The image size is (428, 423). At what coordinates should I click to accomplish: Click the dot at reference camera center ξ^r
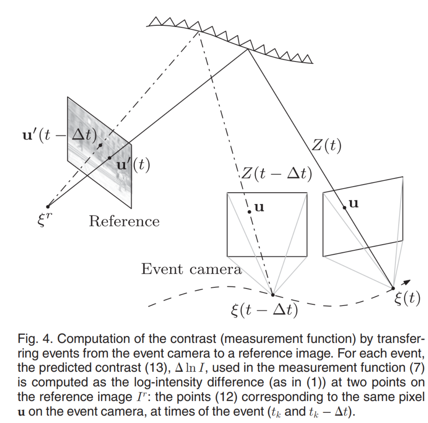tap(48, 207)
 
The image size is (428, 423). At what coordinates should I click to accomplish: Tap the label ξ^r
tap(45, 219)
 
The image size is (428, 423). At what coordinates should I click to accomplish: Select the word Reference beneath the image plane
tap(124, 221)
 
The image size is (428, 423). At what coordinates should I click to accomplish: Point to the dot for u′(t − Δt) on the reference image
tap(100, 145)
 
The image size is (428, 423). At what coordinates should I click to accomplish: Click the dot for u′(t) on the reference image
tap(109, 158)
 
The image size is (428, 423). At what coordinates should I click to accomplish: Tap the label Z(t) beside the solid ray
tap(326, 146)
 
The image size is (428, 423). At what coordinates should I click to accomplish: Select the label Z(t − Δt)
tap(277, 173)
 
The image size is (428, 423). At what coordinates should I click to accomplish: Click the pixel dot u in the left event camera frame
tap(249, 212)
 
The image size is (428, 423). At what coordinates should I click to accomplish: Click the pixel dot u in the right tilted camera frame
tap(345, 208)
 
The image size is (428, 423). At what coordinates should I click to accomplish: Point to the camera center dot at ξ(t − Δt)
tap(273, 295)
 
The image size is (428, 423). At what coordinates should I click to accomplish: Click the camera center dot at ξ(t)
tap(393, 288)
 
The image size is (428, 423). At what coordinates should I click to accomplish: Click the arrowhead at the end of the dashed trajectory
tap(407, 282)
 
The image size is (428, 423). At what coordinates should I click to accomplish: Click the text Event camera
tap(192, 269)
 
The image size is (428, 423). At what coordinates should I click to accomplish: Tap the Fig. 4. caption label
tap(35, 339)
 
